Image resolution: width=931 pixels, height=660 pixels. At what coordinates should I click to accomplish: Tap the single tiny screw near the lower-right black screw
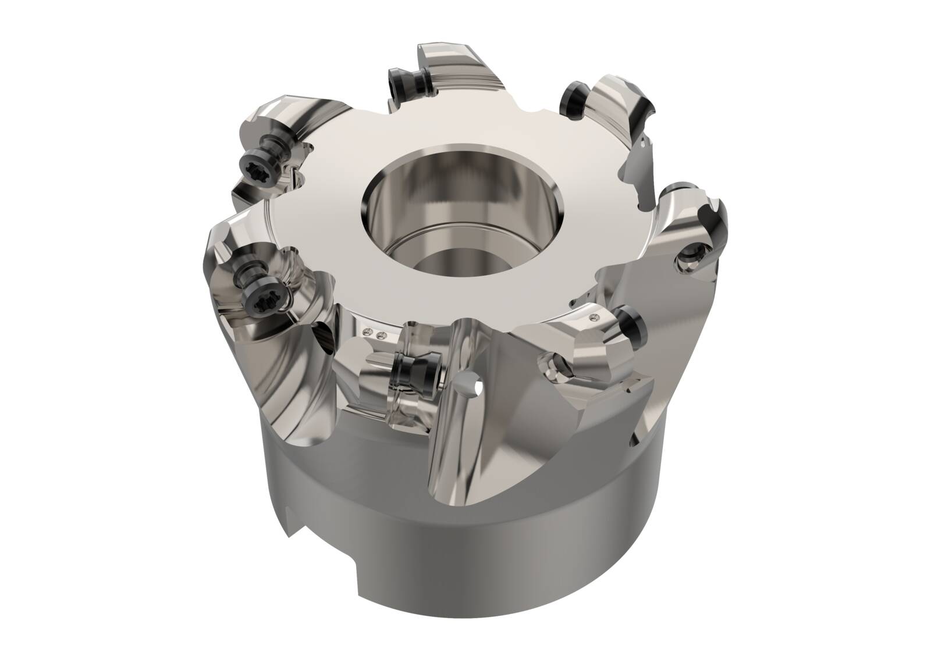pyautogui.click(x=594, y=317)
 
